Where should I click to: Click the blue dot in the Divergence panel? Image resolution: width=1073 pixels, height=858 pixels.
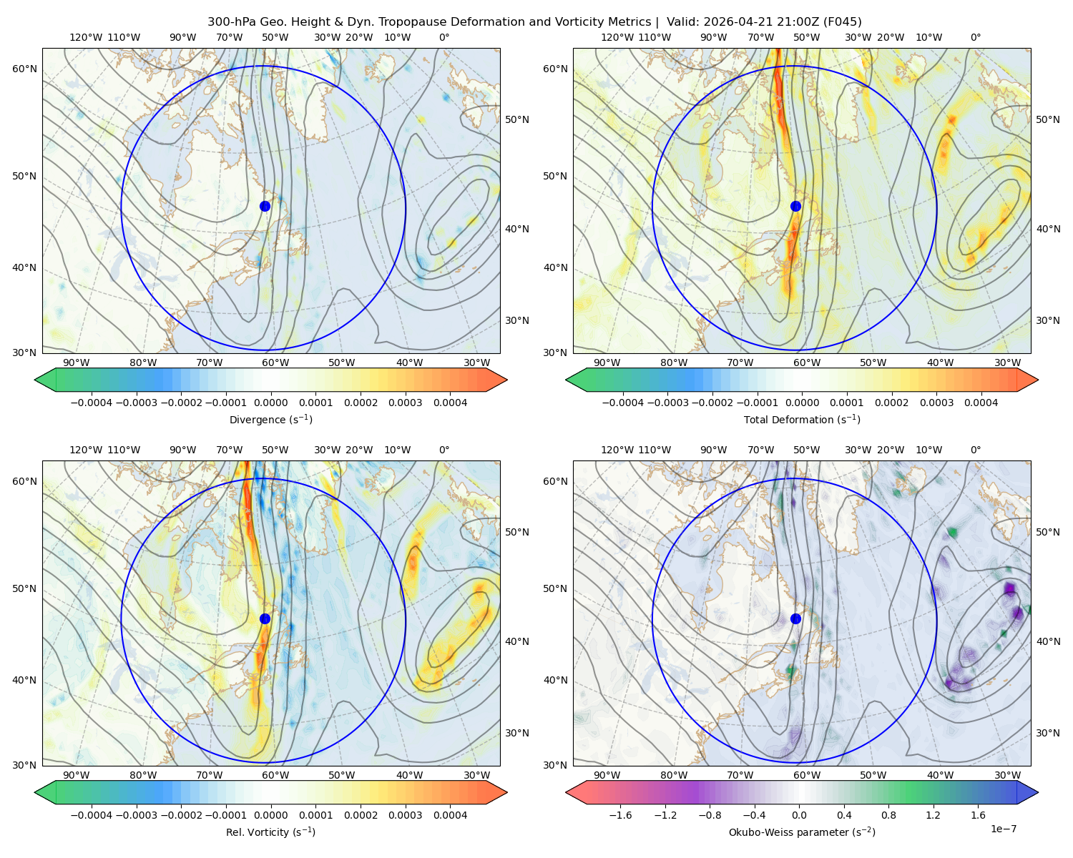click(x=265, y=207)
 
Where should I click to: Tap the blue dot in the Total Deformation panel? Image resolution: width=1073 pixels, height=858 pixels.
click(x=795, y=207)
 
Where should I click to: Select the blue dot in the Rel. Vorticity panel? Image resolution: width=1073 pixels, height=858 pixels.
click(x=265, y=618)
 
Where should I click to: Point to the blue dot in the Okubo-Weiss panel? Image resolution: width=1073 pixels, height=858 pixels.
click(x=795, y=618)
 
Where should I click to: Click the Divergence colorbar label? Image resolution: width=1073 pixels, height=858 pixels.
click(x=270, y=420)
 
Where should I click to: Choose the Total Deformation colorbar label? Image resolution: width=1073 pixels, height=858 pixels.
click(x=802, y=420)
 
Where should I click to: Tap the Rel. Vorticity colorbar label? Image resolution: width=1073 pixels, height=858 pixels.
click(x=270, y=832)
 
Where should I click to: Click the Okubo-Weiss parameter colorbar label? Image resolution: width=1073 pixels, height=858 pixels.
click(x=802, y=832)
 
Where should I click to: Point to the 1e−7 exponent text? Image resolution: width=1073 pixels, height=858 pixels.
click(x=1003, y=829)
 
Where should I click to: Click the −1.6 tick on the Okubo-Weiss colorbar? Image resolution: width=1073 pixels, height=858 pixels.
click(x=620, y=815)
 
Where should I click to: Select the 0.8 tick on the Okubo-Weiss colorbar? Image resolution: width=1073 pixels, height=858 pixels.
click(x=888, y=815)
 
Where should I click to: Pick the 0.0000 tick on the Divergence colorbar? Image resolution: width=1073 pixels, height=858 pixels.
click(x=270, y=403)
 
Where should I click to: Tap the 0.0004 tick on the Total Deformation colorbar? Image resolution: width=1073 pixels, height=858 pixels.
click(x=981, y=403)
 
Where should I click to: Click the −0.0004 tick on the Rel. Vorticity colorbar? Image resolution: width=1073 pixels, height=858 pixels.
click(x=92, y=815)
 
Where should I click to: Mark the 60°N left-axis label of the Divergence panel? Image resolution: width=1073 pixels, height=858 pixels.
click(x=24, y=69)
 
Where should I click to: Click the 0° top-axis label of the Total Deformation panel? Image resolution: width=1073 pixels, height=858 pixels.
click(x=975, y=37)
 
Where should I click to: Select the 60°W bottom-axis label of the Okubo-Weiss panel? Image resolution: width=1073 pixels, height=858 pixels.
click(x=806, y=775)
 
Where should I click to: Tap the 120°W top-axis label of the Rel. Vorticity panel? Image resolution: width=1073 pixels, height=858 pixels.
click(x=86, y=450)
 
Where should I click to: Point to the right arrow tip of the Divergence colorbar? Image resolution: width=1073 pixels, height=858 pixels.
click(x=507, y=380)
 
